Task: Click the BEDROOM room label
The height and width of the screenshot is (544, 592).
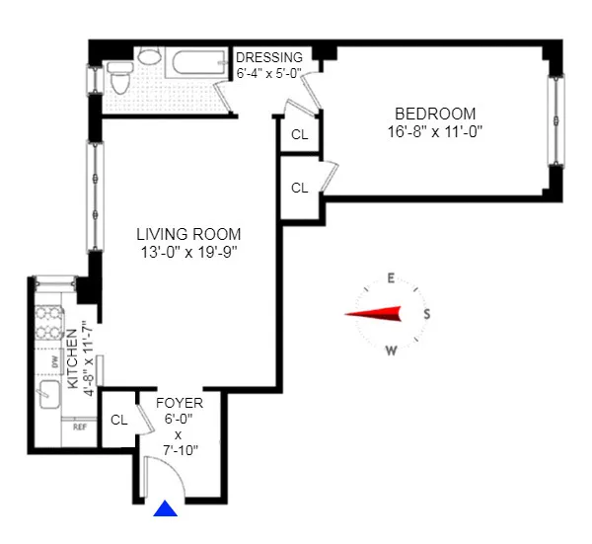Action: (435, 114)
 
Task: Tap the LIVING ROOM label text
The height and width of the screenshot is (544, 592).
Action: (188, 234)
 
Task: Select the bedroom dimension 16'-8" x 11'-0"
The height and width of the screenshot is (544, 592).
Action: (435, 130)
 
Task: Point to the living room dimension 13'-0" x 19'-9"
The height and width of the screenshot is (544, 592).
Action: (188, 252)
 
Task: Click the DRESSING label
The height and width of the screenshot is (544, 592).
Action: (269, 57)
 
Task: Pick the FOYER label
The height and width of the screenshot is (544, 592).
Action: (180, 404)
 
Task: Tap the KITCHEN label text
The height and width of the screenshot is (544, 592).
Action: (72, 357)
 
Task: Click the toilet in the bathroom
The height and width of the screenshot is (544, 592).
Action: (119, 73)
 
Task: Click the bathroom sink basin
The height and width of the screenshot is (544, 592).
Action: (150, 58)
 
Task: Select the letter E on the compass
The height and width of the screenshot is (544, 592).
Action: (391, 278)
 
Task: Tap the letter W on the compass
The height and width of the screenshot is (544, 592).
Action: (391, 350)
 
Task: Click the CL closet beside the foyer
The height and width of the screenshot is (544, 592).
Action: (119, 420)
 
